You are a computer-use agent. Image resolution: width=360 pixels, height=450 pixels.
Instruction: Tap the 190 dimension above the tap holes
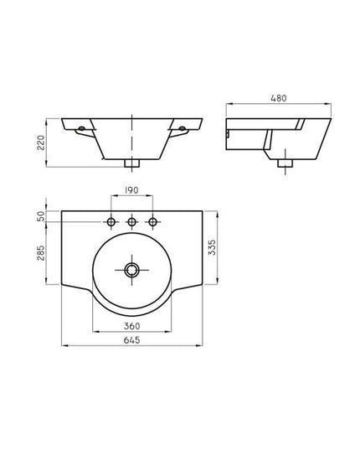coord(131,191)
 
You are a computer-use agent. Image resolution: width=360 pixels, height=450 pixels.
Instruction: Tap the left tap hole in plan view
coord(111,221)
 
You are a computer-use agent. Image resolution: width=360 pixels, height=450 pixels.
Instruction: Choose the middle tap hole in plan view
coord(131,221)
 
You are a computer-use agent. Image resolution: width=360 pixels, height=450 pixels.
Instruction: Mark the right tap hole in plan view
coord(152,221)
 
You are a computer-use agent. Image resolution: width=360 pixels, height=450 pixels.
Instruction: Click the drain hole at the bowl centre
coord(131,270)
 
